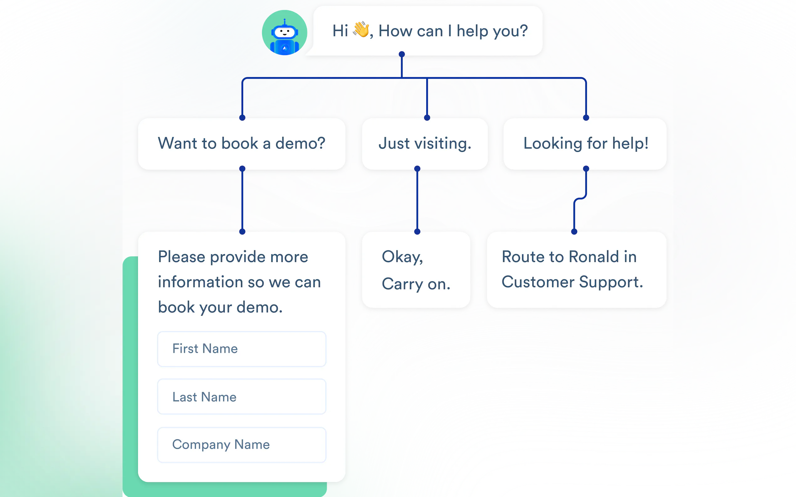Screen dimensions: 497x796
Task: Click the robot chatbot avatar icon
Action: pyautogui.click(x=284, y=33)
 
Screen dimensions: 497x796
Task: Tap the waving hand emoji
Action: pyautogui.click(x=361, y=30)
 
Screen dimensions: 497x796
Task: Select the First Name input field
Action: pyautogui.click(x=242, y=349)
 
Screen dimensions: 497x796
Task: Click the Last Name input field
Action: pyautogui.click(x=242, y=397)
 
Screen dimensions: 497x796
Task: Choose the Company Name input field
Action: pyautogui.click(x=242, y=445)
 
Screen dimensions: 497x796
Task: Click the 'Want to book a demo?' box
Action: pyautogui.click(x=242, y=144)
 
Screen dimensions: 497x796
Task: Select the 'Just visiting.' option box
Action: pyautogui.click(x=425, y=144)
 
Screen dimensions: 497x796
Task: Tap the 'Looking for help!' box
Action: pyautogui.click(x=585, y=144)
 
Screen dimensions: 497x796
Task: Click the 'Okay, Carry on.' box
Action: pyautogui.click(x=416, y=270)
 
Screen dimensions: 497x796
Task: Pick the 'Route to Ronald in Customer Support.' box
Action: pyautogui.click(x=577, y=270)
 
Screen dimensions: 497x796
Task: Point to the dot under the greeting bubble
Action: pyautogui.click(x=402, y=54)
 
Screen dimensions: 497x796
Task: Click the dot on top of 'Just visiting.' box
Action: pyautogui.click(x=427, y=118)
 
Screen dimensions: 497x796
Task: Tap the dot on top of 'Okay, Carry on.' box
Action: pyautogui.click(x=417, y=232)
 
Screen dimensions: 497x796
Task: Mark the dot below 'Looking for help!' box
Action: pyautogui.click(x=586, y=169)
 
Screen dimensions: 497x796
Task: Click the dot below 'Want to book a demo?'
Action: pyautogui.click(x=242, y=169)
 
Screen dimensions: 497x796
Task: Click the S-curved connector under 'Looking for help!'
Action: pyautogui.click(x=580, y=198)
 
